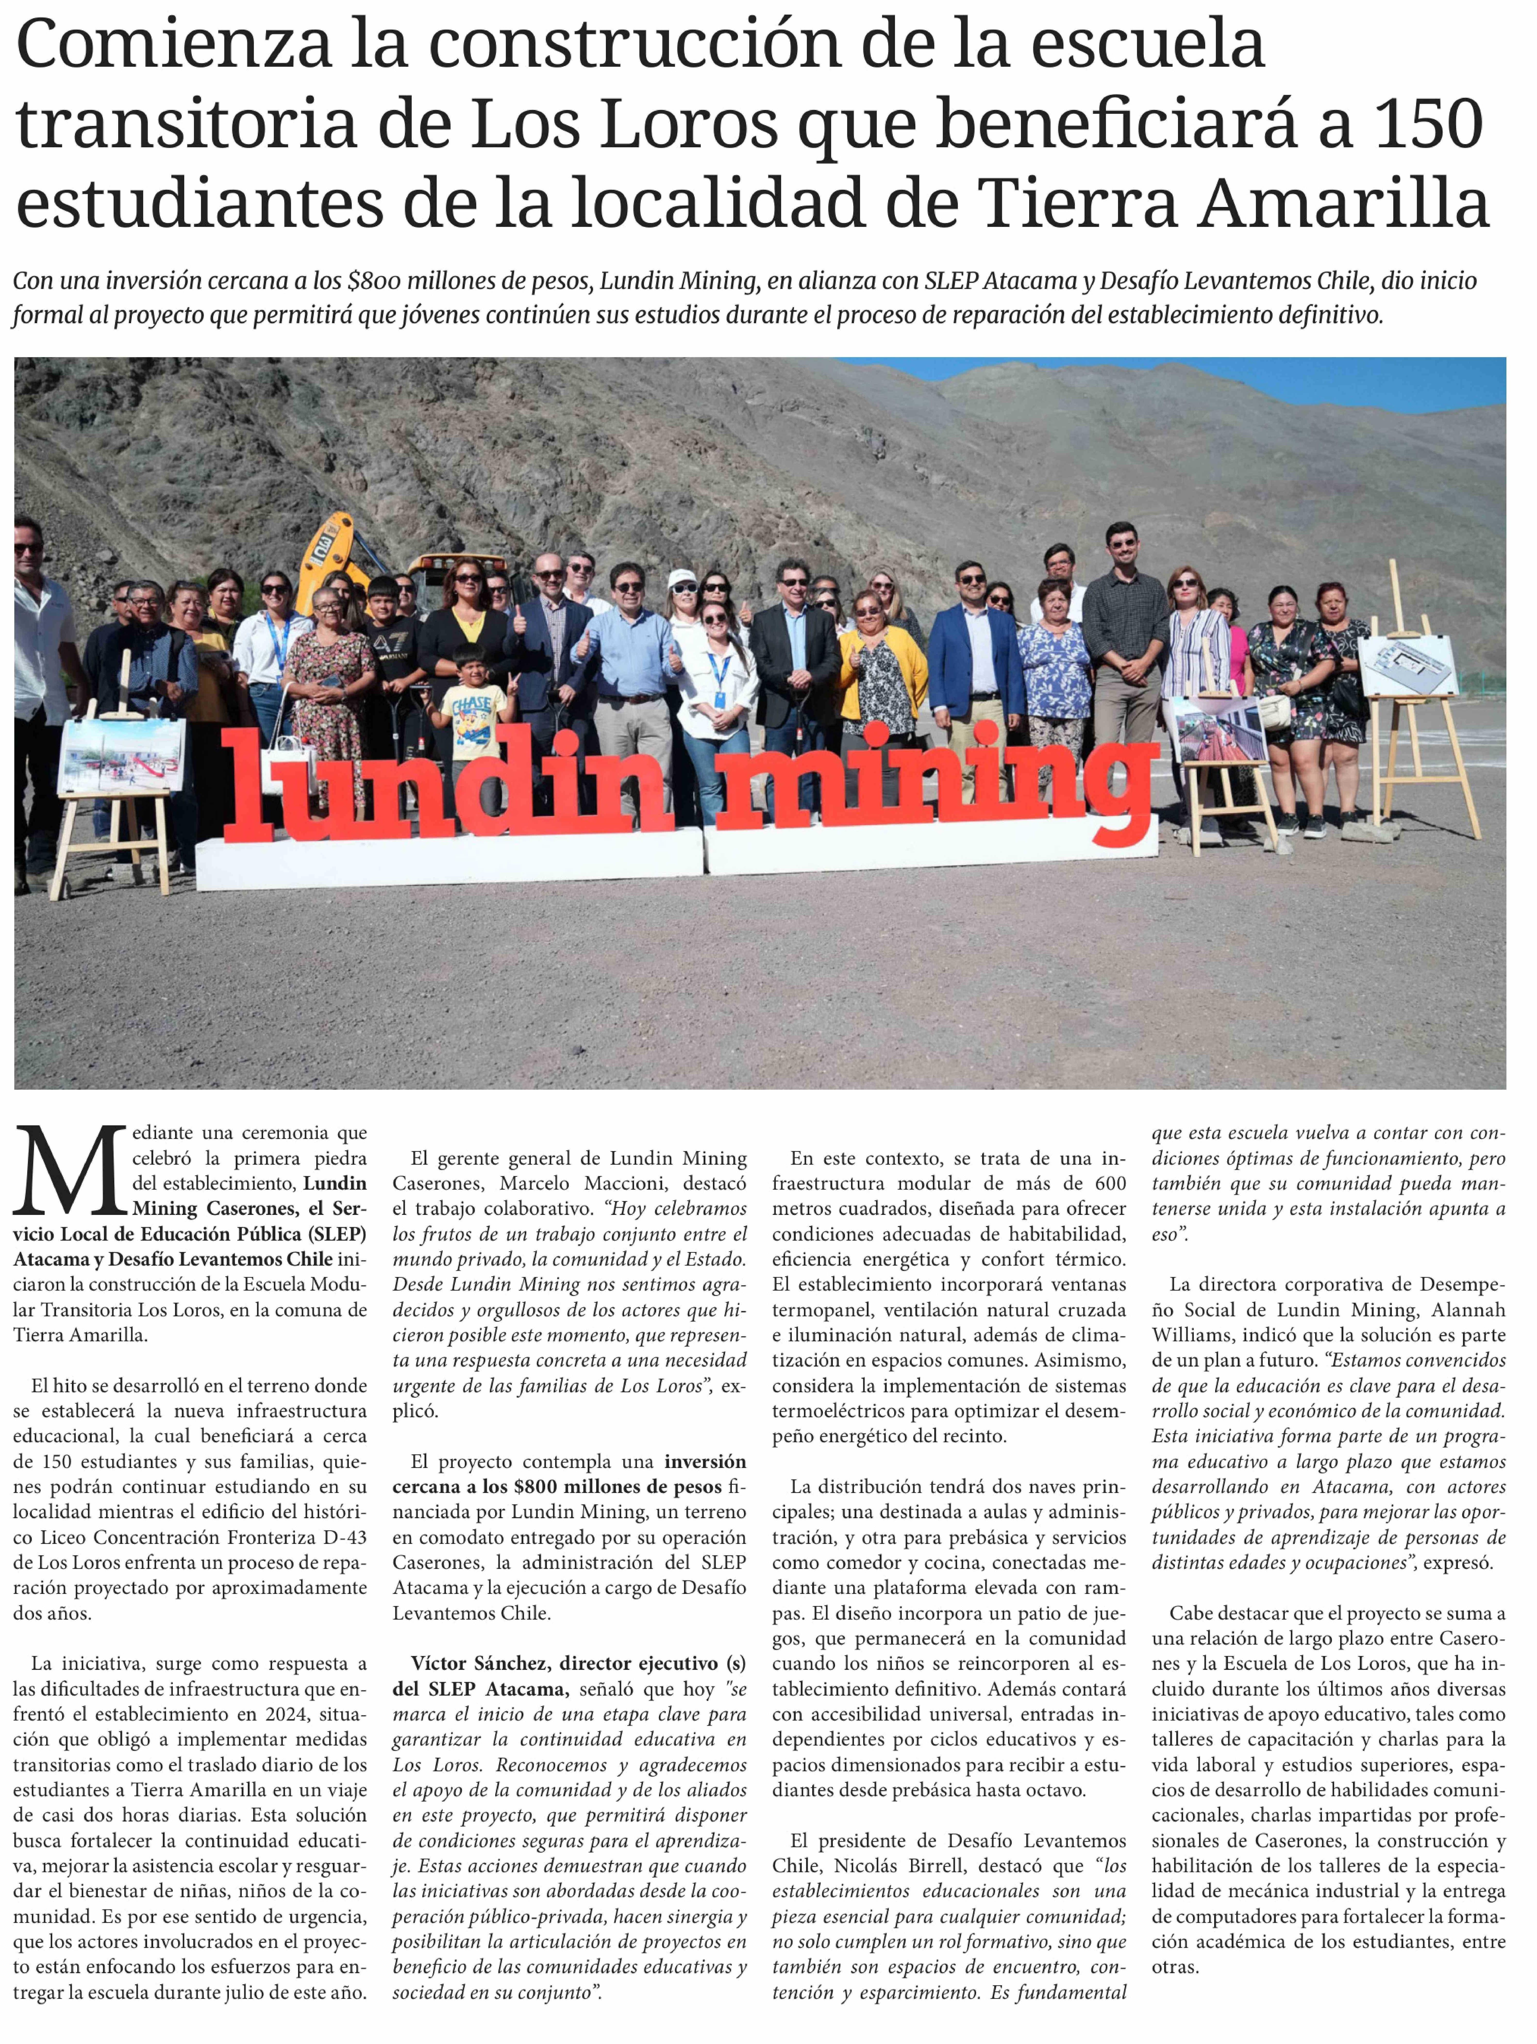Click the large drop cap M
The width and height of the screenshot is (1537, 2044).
[x=69, y=1172]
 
